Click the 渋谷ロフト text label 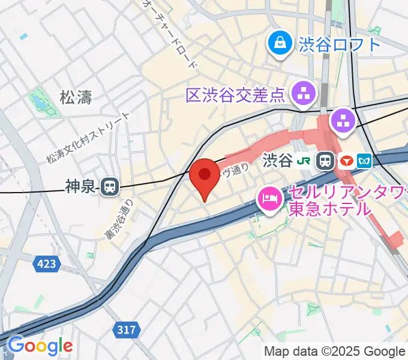tap(338, 43)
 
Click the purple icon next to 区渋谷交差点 tap(302, 92)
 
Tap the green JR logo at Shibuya tap(306, 160)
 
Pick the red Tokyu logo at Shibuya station tap(347, 160)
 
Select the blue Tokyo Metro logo tap(365, 160)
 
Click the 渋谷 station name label tap(277, 160)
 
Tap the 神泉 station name tap(80, 187)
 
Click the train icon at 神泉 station tap(110, 187)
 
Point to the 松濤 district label tap(76, 97)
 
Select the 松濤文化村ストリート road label tap(88, 138)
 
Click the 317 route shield tap(126, 329)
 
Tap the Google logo tap(40, 346)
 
